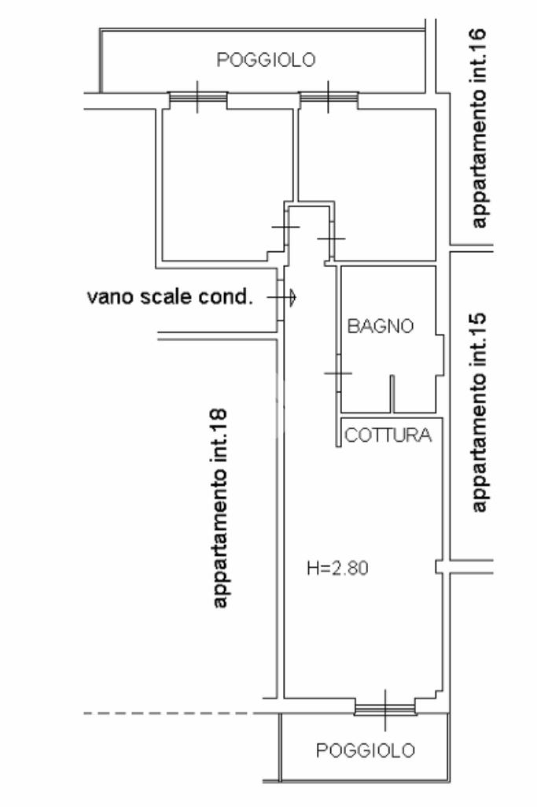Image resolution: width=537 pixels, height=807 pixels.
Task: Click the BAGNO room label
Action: pyautogui.click(x=381, y=326)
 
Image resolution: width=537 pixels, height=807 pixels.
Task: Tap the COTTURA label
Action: pyautogui.click(x=388, y=435)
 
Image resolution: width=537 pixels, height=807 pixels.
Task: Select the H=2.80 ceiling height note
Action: pyautogui.click(x=337, y=568)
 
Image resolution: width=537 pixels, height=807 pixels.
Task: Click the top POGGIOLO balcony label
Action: pyautogui.click(x=266, y=60)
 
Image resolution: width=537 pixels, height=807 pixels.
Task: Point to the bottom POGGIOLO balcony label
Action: pyautogui.click(x=366, y=750)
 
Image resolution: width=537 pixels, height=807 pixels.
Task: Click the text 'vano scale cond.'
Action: pyautogui.click(x=170, y=297)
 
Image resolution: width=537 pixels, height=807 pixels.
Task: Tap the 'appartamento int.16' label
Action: pyautogui.click(x=478, y=128)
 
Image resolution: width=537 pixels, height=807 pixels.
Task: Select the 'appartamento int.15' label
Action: pyautogui.click(x=478, y=413)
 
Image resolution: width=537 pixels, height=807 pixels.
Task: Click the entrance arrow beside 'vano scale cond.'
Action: pyautogui.click(x=281, y=297)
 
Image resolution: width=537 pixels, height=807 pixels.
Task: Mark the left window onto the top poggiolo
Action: pyautogui.click(x=198, y=97)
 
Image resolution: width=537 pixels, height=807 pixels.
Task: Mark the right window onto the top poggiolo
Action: pyautogui.click(x=329, y=97)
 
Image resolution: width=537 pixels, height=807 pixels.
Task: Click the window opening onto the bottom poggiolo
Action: pyautogui.click(x=385, y=710)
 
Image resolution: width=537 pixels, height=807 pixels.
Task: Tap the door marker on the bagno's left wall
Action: pyautogui.click(x=338, y=372)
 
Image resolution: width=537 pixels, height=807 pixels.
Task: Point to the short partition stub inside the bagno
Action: pyautogui.click(x=392, y=394)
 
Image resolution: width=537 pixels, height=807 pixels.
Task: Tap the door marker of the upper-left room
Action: pyautogui.click(x=285, y=227)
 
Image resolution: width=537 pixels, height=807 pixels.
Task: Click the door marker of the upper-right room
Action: pyautogui.click(x=332, y=239)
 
